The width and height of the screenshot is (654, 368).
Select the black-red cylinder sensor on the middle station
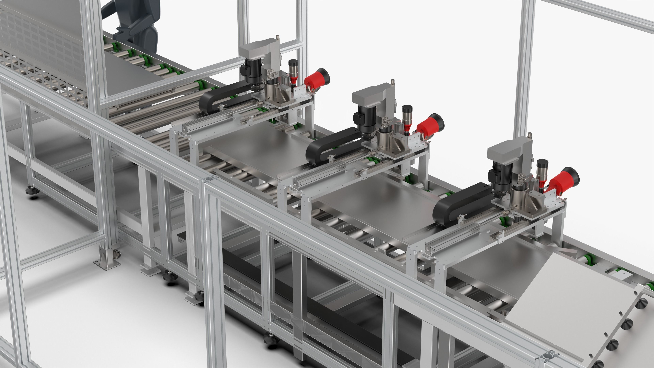point(407,119)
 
